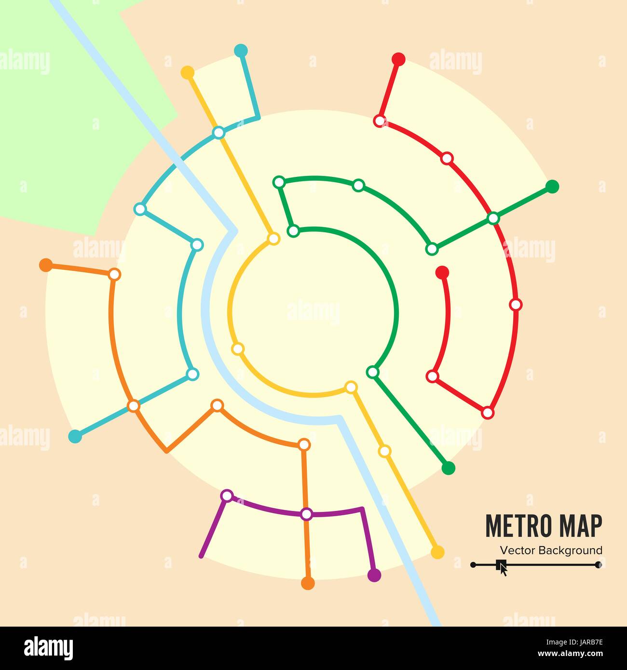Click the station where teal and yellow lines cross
pyautogui.click(x=218, y=132)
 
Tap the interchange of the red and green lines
pyautogui.click(x=493, y=218)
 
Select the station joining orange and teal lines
pyautogui.click(x=134, y=406)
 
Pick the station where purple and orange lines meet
pyautogui.click(x=306, y=514)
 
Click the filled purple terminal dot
pyautogui.click(x=374, y=575)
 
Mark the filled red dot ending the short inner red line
pyautogui.click(x=442, y=272)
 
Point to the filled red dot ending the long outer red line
pyautogui.click(x=398, y=59)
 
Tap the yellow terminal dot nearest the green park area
pyautogui.click(x=187, y=73)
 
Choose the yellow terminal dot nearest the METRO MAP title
pyautogui.click(x=437, y=552)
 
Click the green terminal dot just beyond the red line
pyautogui.click(x=552, y=186)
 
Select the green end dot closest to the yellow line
pyautogui.click(x=448, y=468)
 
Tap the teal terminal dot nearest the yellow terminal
pyautogui.click(x=240, y=50)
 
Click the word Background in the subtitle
pyautogui.click(x=570, y=550)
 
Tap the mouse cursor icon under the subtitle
pyautogui.click(x=502, y=567)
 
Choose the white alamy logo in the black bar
pyautogui.click(x=48, y=648)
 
